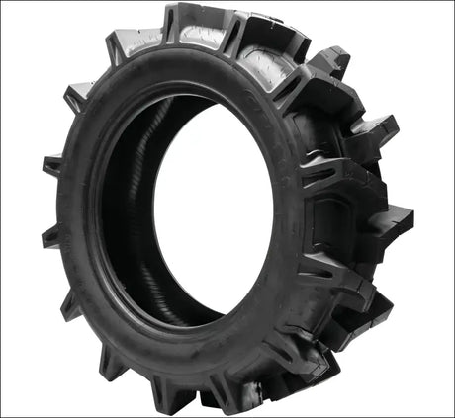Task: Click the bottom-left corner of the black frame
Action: click(3, 414)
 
